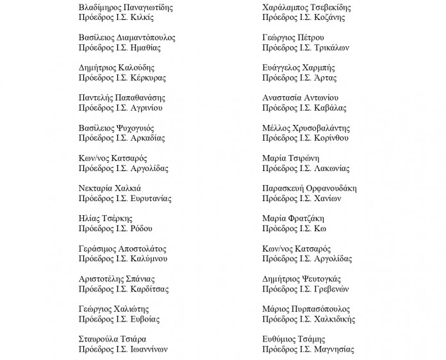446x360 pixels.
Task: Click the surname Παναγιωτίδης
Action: coord(145,8)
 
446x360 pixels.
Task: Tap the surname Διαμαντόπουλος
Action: coord(145,38)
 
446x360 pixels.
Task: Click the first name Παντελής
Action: coord(94,98)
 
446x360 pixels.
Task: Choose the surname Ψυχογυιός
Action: coord(136,128)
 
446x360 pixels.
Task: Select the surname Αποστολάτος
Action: coord(140,249)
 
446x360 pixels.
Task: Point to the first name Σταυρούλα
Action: coord(97,339)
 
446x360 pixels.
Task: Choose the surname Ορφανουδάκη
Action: coord(330,188)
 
